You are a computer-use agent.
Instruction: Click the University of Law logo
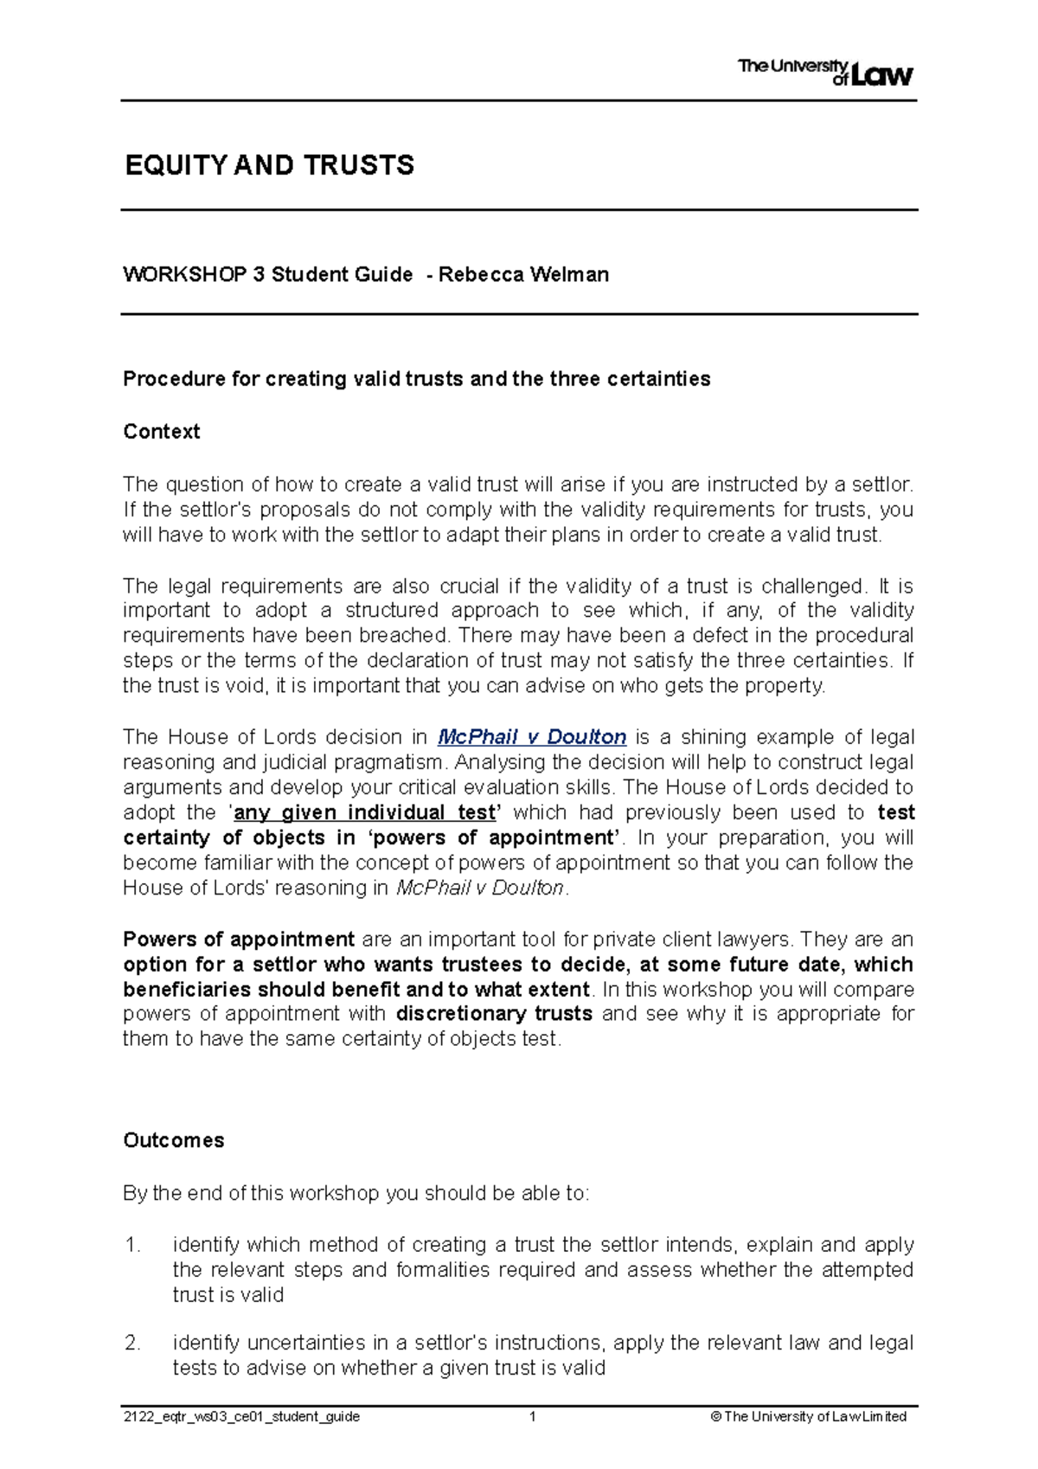pyautogui.click(x=825, y=73)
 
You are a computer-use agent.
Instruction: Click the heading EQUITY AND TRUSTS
pyautogui.click(x=270, y=165)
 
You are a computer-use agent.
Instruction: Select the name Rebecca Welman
pyautogui.click(x=523, y=275)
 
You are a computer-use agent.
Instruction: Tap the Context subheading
pyautogui.click(x=162, y=432)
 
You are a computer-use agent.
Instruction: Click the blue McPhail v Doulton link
pyautogui.click(x=532, y=737)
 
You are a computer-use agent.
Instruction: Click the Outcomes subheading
pyautogui.click(x=174, y=1140)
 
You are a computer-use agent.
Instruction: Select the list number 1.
pyautogui.click(x=132, y=1245)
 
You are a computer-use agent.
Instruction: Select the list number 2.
pyautogui.click(x=132, y=1343)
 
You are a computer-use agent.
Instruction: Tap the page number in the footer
pyautogui.click(x=533, y=1416)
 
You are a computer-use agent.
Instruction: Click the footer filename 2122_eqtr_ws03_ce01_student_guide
pyautogui.click(x=241, y=1416)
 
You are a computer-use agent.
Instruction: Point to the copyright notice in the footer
pyautogui.click(x=808, y=1416)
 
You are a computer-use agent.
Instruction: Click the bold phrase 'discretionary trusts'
pyautogui.click(x=494, y=1014)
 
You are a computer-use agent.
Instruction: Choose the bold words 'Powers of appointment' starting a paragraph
pyautogui.click(x=239, y=940)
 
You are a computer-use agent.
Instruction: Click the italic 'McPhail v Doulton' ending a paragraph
pyautogui.click(x=480, y=888)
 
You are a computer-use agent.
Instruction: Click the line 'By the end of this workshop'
pyautogui.click(x=356, y=1193)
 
